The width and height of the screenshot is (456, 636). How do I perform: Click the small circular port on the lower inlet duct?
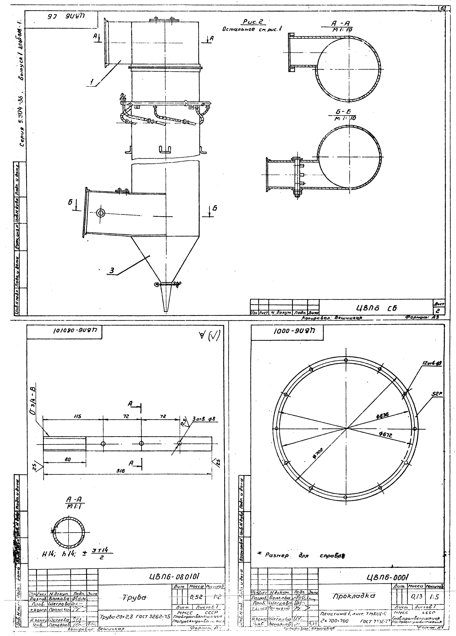click(x=100, y=213)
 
